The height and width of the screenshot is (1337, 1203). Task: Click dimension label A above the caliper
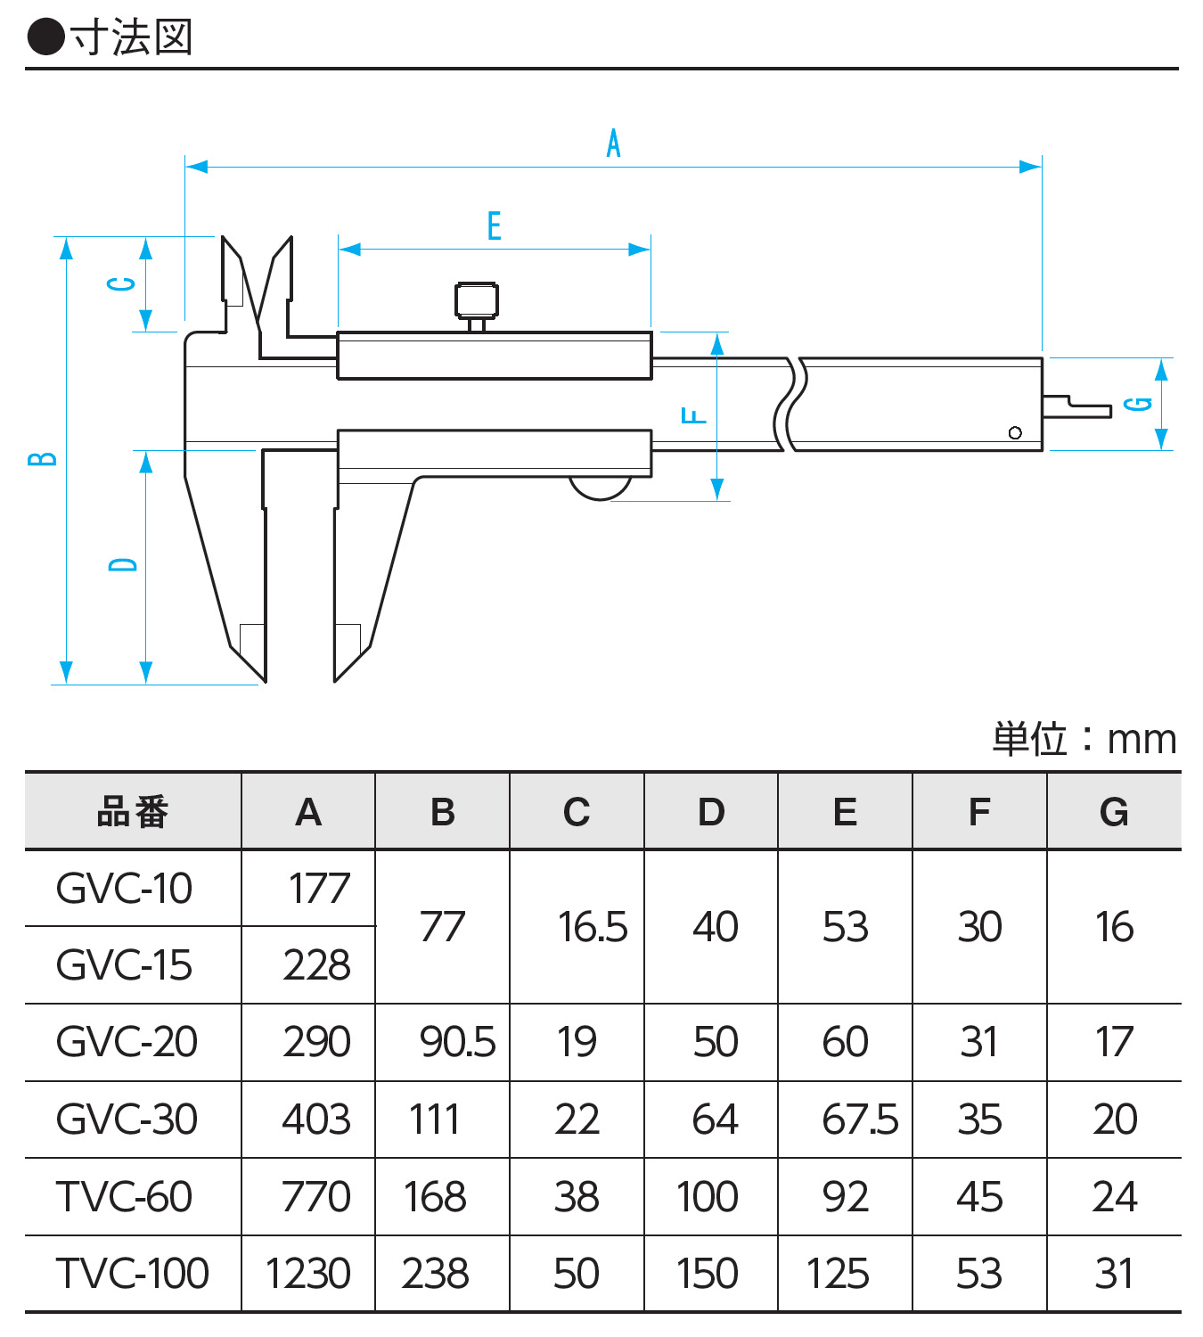pyautogui.click(x=613, y=144)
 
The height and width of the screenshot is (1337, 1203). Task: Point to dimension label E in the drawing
pyautogui.click(x=495, y=226)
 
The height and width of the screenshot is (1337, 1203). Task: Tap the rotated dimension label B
pyautogui.click(x=43, y=459)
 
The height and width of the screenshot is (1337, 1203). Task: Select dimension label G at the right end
pyautogui.click(x=1138, y=404)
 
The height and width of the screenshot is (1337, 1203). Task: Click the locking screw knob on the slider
pyautogui.click(x=477, y=301)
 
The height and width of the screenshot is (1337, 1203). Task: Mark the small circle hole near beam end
pyautogui.click(x=1015, y=433)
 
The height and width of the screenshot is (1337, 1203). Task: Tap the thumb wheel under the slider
pyautogui.click(x=600, y=488)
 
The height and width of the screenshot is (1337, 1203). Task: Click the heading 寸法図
pyautogui.click(x=132, y=37)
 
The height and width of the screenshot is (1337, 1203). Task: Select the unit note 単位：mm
pyautogui.click(x=1084, y=740)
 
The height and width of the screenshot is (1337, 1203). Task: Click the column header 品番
pyautogui.click(x=133, y=812)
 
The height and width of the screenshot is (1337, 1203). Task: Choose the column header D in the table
pyautogui.click(x=711, y=812)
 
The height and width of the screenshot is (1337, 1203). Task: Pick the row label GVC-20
pyautogui.click(x=127, y=1042)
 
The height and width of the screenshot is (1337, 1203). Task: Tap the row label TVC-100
pyautogui.click(x=132, y=1273)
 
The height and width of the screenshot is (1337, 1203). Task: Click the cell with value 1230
pyautogui.click(x=307, y=1273)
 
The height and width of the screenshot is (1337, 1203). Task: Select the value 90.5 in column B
pyautogui.click(x=457, y=1042)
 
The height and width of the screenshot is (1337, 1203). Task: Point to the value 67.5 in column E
pyautogui.click(x=860, y=1120)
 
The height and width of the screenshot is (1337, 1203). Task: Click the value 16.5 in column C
pyautogui.click(x=593, y=927)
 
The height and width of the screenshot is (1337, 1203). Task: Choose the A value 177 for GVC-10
pyautogui.click(x=319, y=889)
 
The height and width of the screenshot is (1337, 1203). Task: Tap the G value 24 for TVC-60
pyautogui.click(x=1114, y=1196)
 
